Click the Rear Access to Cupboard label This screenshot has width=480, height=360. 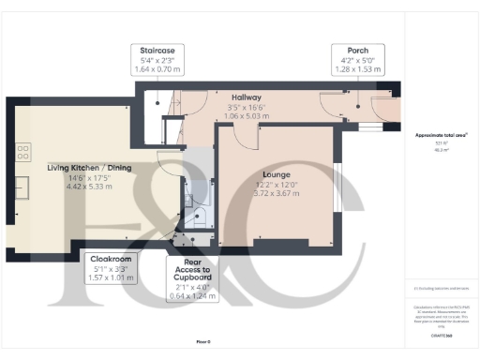(x=192, y=274)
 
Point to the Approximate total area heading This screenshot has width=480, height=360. (x=442, y=135)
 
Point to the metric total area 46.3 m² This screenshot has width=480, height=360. (x=442, y=148)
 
